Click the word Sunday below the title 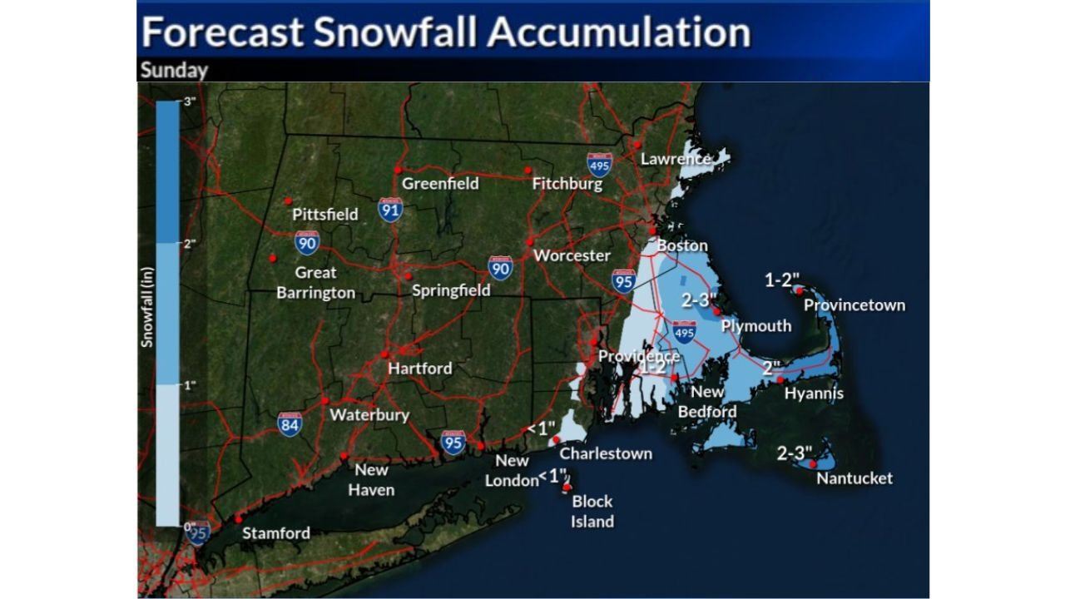(174, 70)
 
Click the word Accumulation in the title (618, 32)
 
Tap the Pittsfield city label (324, 214)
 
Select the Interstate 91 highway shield (390, 209)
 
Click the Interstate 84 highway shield (290, 424)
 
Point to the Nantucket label (854, 478)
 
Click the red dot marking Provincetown (799, 290)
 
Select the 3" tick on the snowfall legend (189, 101)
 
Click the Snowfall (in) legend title (147, 313)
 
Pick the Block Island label (592, 511)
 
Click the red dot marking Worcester (529, 241)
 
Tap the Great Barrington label (315, 282)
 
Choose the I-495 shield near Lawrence (599, 164)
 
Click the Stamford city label (275, 533)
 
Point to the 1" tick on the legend (189, 384)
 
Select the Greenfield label (440, 183)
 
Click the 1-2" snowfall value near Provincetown (783, 280)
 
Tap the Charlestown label (605, 453)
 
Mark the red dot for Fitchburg (528, 171)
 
